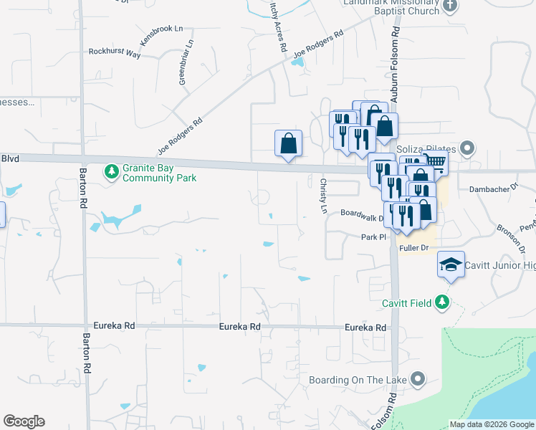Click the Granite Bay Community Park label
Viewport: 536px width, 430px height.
pos(159,172)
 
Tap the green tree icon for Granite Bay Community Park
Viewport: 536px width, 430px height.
pos(111,171)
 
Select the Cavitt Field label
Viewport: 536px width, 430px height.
pos(406,303)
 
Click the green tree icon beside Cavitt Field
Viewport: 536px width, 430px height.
pos(444,302)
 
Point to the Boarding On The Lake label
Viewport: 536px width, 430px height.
pos(358,379)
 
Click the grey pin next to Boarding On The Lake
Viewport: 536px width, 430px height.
pos(419,378)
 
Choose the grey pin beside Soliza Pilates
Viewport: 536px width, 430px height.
pos(468,149)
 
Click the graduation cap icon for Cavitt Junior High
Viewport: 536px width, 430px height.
pos(451,265)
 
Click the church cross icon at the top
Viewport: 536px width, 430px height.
pos(450,6)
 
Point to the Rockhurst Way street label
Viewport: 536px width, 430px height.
pos(115,52)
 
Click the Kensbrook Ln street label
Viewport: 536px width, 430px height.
pos(162,37)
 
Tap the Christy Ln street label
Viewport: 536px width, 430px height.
pos(323,196)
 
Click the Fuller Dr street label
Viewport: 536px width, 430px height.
pos(414,248)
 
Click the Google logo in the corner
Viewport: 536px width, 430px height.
pos(24,421)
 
